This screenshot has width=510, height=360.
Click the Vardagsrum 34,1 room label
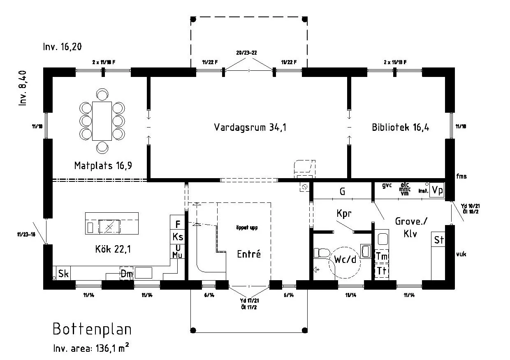(x=250, y=127)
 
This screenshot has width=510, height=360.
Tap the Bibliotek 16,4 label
(x=400, y=127)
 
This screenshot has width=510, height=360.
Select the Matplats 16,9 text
(x=105, y=165)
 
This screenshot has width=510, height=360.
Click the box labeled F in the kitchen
(x=178, y=224)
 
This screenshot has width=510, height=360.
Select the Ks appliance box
(x=178, y=237)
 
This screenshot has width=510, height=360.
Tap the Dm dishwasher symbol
(x=126, y=274)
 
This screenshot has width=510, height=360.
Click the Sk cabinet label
(x=63, y=274)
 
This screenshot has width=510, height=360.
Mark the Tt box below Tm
(x=382, y=270)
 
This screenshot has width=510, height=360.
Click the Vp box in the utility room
(x=438, y=190)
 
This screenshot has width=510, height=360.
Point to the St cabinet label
(x=438, y=240)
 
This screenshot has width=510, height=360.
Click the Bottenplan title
(x=92, y=329)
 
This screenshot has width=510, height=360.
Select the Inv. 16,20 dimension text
(x=62, y=47)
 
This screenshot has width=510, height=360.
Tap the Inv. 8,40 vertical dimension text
(x=23, y=88)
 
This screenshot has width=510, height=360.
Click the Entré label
(x=249, y=254)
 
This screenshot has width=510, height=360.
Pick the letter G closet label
(x=342, y=192)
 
